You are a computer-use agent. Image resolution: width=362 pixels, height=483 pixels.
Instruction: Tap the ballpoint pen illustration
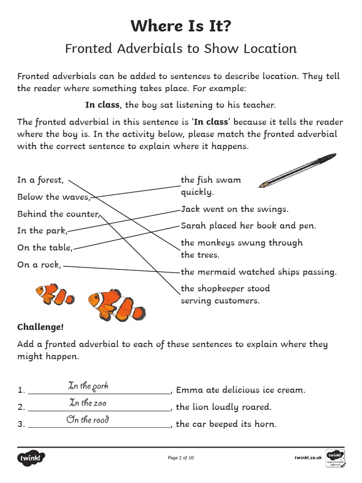(297, 170)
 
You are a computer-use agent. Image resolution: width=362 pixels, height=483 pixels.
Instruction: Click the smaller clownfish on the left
(55, 294)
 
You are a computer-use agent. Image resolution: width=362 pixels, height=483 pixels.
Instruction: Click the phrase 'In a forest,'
(40, 180)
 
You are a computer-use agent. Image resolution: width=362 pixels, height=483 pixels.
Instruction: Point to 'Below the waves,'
(53, 197)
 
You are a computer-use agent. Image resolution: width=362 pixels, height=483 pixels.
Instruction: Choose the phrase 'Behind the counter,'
(58, 214)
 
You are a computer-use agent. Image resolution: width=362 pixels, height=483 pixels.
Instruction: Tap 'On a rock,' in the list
(39, 265)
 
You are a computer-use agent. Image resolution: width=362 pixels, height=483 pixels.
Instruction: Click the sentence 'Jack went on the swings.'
(234, 209)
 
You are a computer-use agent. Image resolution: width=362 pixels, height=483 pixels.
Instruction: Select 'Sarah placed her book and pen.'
(248, 226)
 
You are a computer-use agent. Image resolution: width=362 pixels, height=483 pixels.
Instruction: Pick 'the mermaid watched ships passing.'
(258, 272)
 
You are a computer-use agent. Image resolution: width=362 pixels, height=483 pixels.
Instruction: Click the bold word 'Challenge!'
(41, 327)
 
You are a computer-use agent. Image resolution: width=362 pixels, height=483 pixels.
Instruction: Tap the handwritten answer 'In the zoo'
(88, 403)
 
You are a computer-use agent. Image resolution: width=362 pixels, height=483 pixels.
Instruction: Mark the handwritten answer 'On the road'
(88, 420)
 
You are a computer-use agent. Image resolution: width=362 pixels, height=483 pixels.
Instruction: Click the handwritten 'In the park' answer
(88, 386)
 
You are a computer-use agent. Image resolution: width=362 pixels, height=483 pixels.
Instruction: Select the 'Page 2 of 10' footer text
(181, 458)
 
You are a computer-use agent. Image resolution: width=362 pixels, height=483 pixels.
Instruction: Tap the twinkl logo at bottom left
(32, 458)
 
